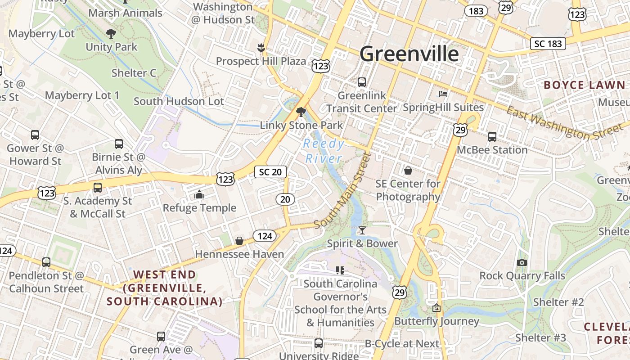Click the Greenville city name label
pyautogui.click(x=409, y=54)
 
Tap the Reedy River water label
pyautogui.click(x=324, y=151)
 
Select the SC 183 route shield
pyautogui.click(x=548, y=43)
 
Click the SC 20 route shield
pyautogui.click(x=270, y=171)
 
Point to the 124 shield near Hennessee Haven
pyautogui.click(x=265, y=236)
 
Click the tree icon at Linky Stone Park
pyautogui.click(x=301, y=112)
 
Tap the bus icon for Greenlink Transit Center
pyautogui.click(x=361, y=82)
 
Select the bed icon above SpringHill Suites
pyautogui.click(x=443, y=94)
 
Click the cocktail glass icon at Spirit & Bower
pyautogui.click(x=362, y=230)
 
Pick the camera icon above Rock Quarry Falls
pyautogui.click(x=522, y=262)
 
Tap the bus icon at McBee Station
pyautogui.click(x=492, y=136)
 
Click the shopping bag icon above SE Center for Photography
pyautogui.click(x=408, y=171)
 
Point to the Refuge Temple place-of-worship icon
pyautogui.click(x=199, y=194)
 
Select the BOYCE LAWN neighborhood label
pyautogui.click(x=585, y=85)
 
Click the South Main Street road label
pyautogui.click(x=342, y=190)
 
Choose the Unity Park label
pyautogui.click(x=111, y=47)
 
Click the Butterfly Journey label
pyautogui.click(x=436, y=321)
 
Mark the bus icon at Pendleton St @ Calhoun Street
pyautogui.click(x=46, y=262)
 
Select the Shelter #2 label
pyautogui.click(x=558, y=302)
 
